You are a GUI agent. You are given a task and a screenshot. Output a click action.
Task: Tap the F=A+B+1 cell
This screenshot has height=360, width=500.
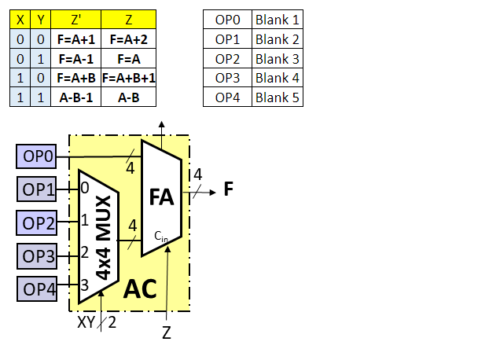128,78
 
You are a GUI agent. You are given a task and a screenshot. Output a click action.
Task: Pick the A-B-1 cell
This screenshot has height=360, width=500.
76,97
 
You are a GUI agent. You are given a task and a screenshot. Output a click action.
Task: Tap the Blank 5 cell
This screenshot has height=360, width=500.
277,97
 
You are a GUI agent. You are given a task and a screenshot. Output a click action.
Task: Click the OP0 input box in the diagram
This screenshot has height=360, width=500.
38,157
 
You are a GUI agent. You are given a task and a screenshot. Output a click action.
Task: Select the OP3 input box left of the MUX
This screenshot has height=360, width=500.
38,255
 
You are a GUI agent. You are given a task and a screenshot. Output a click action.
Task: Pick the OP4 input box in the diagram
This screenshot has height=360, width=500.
38,288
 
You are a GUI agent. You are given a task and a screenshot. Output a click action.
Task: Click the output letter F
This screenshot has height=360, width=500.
229,189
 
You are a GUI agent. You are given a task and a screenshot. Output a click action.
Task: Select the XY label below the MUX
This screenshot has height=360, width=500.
86,322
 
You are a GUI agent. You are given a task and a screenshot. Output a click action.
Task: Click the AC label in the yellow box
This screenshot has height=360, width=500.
141,289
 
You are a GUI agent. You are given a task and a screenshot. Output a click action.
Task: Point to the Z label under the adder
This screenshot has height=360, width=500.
167,332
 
